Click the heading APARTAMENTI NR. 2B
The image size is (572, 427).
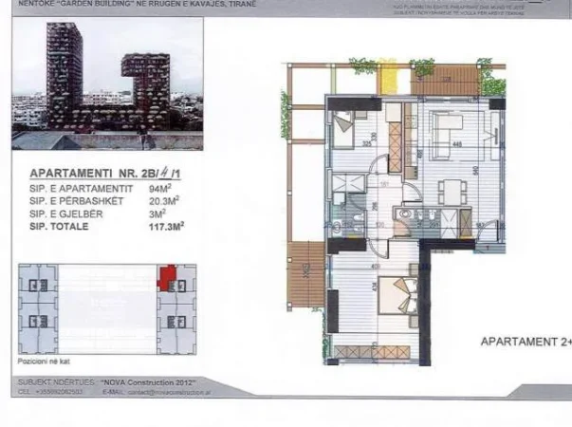coord(92,175)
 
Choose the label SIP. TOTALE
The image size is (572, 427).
coord(58,226)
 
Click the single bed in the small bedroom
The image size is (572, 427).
coord(342,125)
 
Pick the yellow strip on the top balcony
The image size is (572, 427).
coord(387,74)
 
